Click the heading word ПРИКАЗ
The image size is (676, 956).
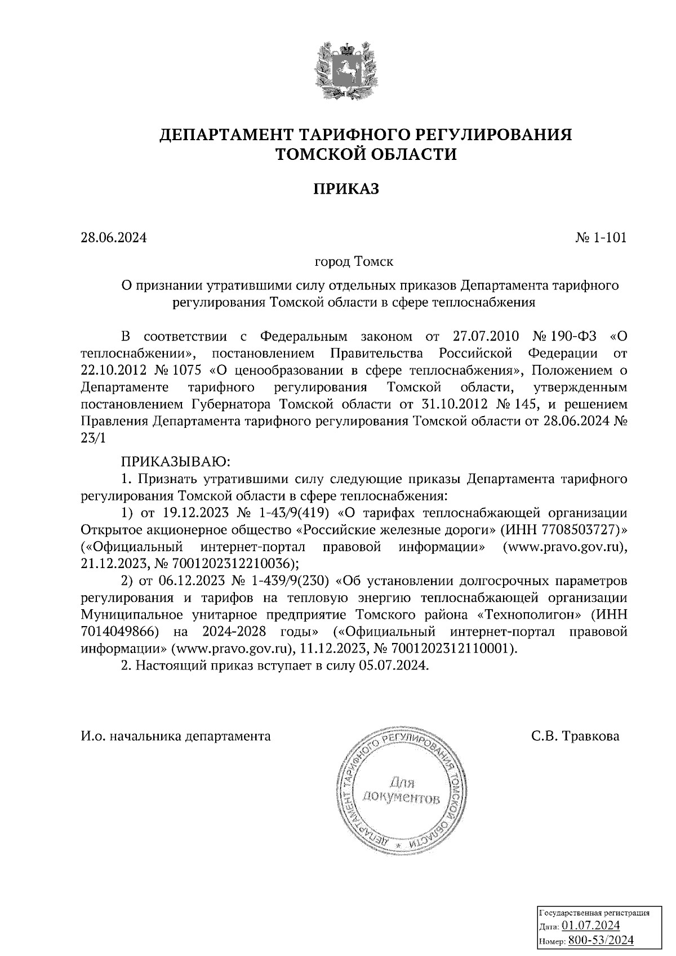345,189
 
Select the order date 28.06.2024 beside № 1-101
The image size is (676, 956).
113,238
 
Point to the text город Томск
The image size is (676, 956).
354,262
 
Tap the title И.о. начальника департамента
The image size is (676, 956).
176,736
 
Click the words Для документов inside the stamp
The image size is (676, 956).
401,790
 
